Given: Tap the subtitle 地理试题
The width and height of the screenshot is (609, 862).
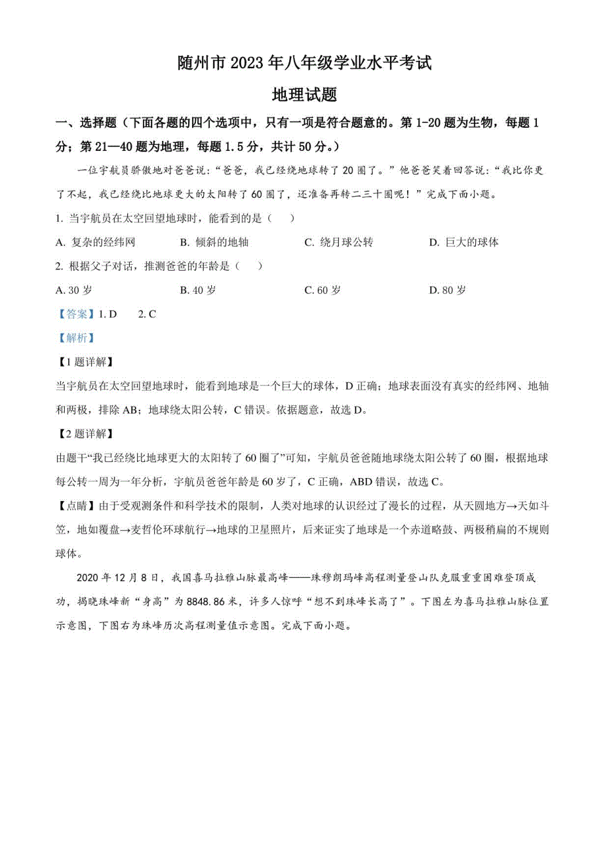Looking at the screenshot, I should (x=304, y=95).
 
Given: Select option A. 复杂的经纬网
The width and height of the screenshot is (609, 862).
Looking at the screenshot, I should (x=95, y=242).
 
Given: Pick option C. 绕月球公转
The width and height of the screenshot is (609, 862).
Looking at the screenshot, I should (x=338, y=242).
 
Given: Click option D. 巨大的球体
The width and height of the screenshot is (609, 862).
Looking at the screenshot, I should (x=463, y=242).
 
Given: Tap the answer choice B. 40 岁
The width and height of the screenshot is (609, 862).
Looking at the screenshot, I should (x=198, y=290).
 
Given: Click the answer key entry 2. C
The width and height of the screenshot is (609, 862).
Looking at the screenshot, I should (x=147, y=314).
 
